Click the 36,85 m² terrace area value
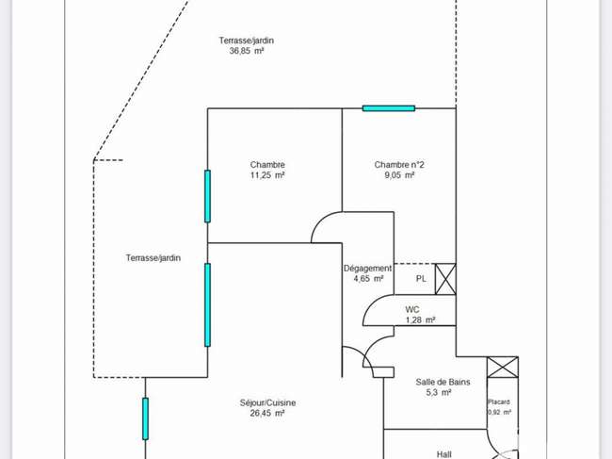pos(247,51)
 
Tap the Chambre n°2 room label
pos(399,165)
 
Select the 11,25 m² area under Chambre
pos(267,175)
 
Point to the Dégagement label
pos(367,269)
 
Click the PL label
pos(421,279)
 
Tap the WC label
pos(412,310)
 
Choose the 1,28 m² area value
pos(421,320)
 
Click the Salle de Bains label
pos(443,382)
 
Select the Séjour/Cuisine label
pos(267,402)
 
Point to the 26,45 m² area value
pos(267,413)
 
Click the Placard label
pos(499,402)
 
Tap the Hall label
pos(444,454)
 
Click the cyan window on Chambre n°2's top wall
pos(389,108)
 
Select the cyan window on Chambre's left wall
pos(208,196)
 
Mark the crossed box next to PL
pos(445,279)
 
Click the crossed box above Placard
pos(503,368)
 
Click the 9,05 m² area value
pos(399,175)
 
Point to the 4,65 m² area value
pos(368,279)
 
